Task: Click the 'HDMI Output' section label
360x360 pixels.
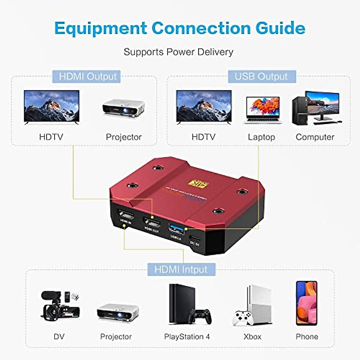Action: point(87,76)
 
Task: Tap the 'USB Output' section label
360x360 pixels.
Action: point(261,76)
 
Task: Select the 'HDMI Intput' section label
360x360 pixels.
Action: point(181,269)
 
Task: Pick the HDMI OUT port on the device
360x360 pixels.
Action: point(152,223)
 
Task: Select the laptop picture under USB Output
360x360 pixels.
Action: point(263,110)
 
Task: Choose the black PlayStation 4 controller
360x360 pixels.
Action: point(199,316)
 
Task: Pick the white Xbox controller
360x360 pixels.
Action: point(243,319)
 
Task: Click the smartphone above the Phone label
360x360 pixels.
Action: point(307,303)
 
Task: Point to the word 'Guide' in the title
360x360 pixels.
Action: point(280,28)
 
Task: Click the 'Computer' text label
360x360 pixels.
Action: point(315,137)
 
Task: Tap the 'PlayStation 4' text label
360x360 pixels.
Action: point(187,337)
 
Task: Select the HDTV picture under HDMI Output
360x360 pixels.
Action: point(52,106)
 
